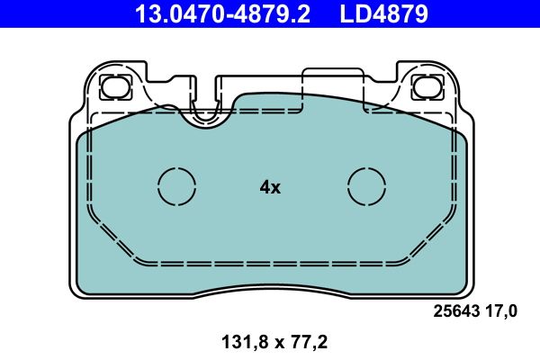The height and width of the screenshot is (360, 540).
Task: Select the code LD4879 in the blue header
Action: pyautogui.click(x=383, y=13)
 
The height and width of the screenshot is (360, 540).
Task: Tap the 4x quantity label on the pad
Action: pyautogui.click(x=270, y=187)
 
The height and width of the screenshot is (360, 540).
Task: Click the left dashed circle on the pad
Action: pyautogui.click(x=176, y=186)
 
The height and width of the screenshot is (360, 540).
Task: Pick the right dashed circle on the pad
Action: pyautogui.click(x=366, y=186)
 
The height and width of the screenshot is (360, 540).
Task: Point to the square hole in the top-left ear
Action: pyautogui.click(x=115, y=87)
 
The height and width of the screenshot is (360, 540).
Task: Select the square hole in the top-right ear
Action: pyautogui.click(x=423, y=87)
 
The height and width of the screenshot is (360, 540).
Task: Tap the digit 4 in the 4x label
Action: pyautogui.click(x=265, y=187)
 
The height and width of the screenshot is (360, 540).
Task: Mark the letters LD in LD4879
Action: pyautogui.click(x=353, y=13)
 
